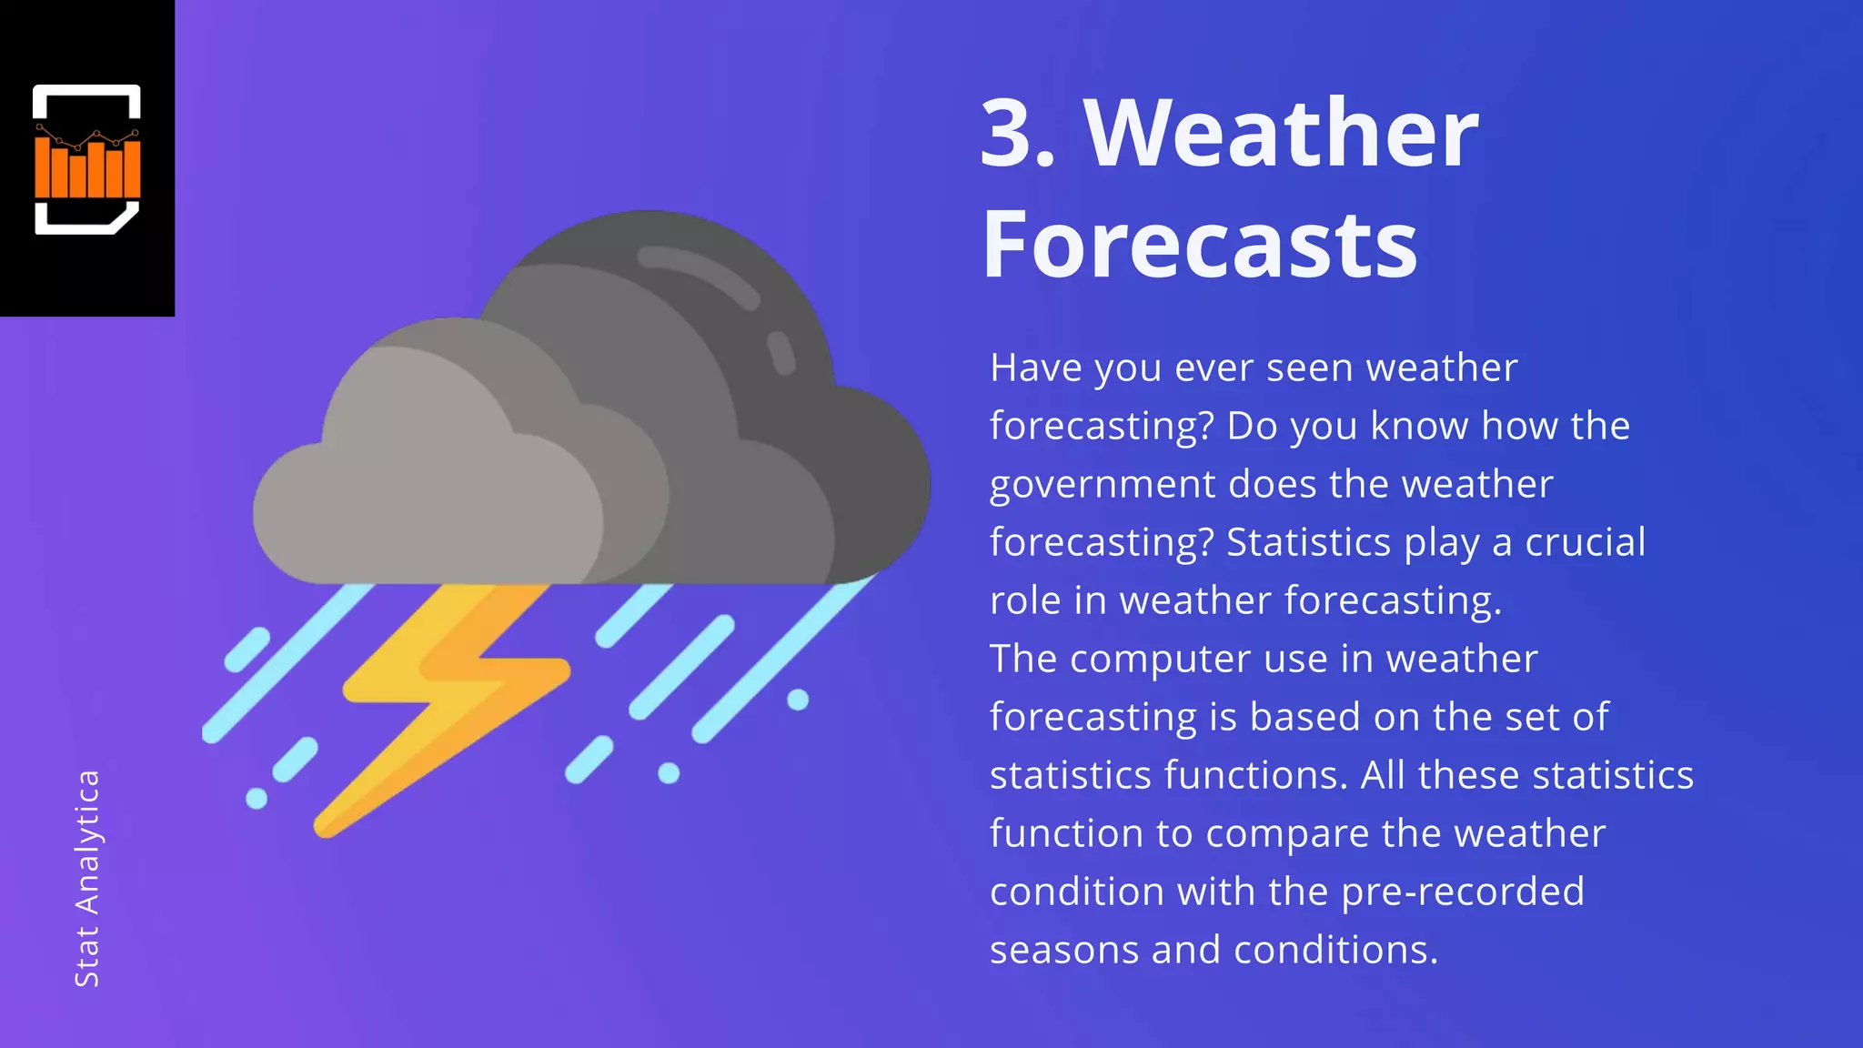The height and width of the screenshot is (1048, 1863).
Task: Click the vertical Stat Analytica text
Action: click(87, 878)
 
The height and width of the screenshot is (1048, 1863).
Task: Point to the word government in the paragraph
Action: click(1102, 485)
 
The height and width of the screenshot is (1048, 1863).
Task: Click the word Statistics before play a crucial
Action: click(1307, 542)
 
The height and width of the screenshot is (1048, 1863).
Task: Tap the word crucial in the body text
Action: click(1585, 542)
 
